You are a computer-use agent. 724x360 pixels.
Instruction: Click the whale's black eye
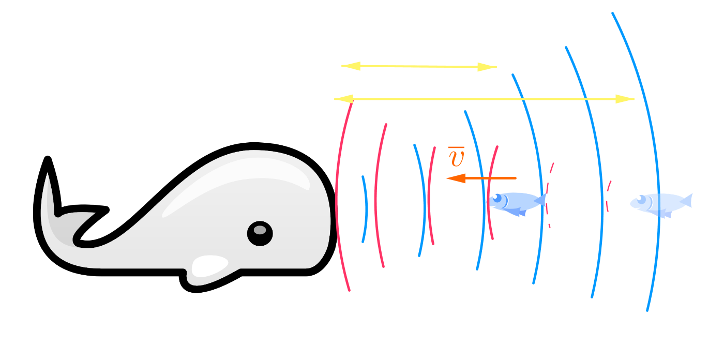[260, 233]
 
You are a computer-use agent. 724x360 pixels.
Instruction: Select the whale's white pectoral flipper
[210, 265]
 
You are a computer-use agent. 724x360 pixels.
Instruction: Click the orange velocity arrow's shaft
[491, 178]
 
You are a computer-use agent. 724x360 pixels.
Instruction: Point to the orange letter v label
[457, 158]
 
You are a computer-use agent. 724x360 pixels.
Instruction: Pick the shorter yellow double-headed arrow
[419, 66]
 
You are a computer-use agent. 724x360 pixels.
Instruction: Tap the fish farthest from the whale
[659, 203]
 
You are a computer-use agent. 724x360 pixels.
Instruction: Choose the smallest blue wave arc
[365, 209]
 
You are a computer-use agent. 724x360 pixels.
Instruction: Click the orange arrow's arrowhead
[456, 178]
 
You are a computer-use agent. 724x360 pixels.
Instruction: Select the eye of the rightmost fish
[640, 198]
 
